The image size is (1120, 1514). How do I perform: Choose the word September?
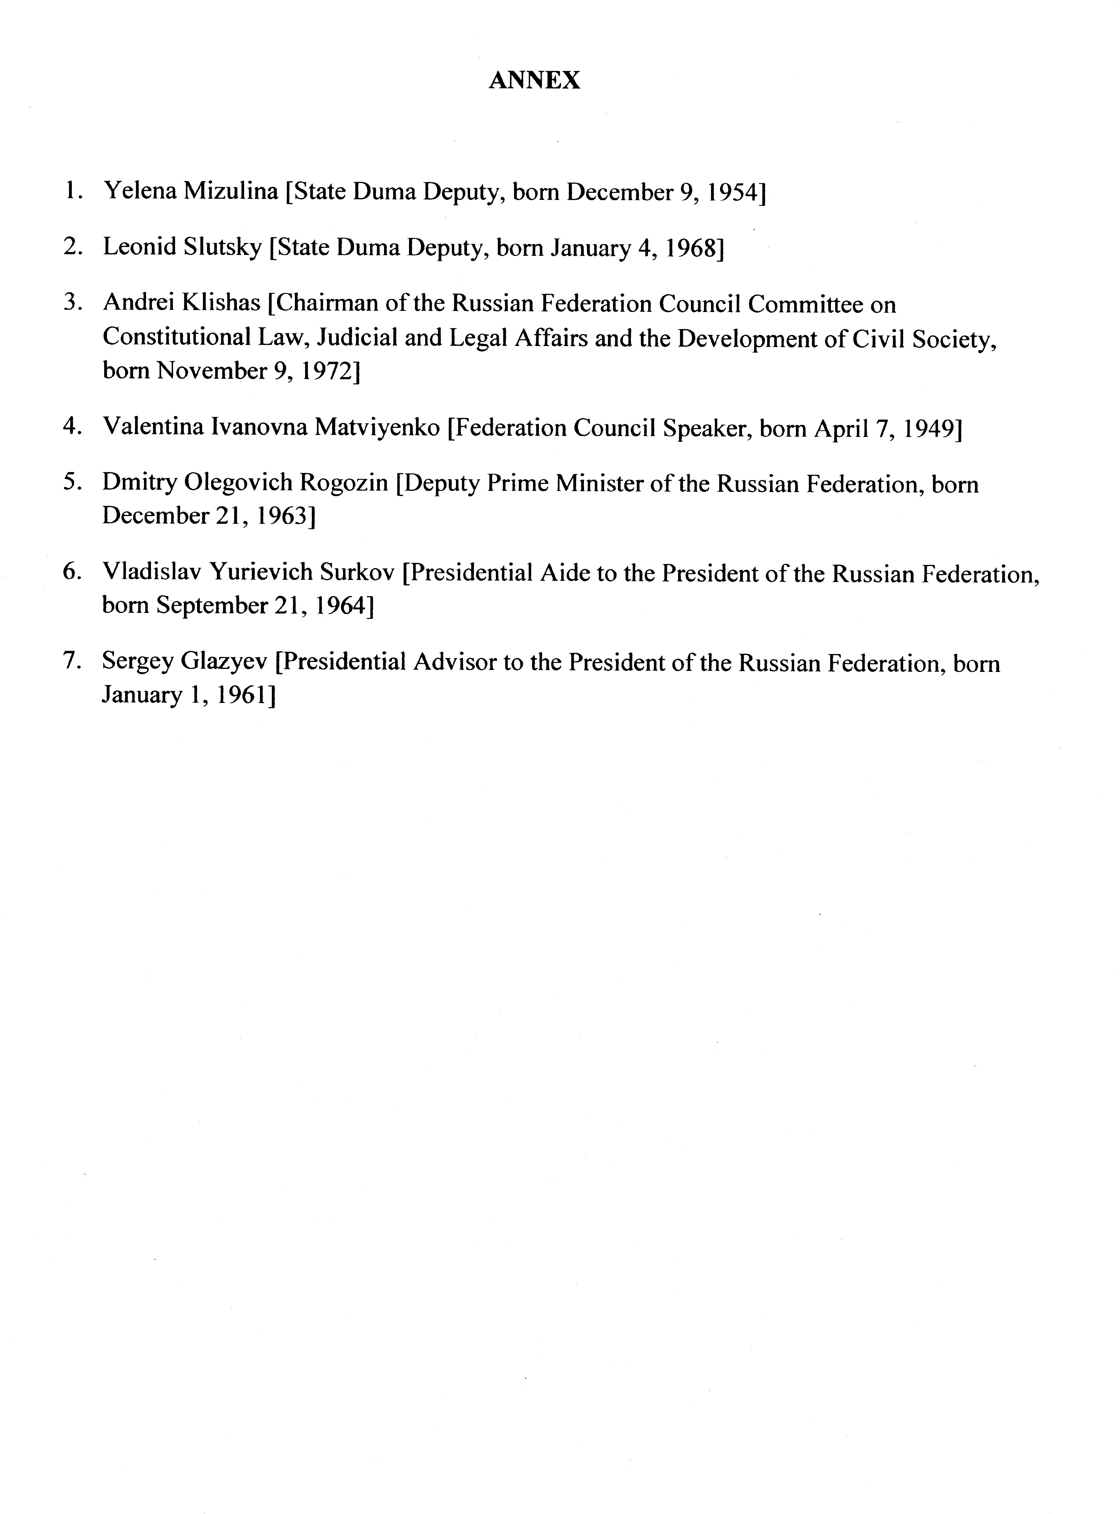pos(213,606)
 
